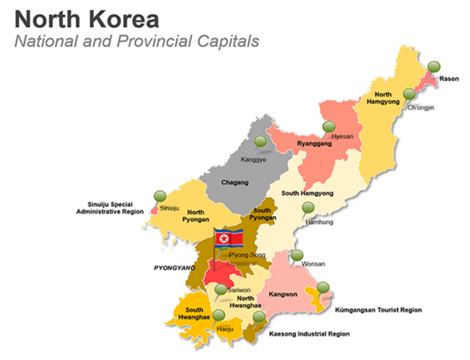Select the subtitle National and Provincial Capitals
(137, 41)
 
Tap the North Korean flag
(229, 239)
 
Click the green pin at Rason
(432, 69)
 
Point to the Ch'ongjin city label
(421, 107)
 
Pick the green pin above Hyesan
(328, 127)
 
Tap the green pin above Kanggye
(260, 141)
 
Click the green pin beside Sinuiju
(159, 196)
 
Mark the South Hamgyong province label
(307, 193)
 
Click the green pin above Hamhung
(308, 208)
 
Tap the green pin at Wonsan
(297, 255)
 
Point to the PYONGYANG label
(174, 267)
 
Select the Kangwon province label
(284, 295)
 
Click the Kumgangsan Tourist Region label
(378, 309)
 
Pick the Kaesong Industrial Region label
(309, 333)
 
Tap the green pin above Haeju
(217, 316)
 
